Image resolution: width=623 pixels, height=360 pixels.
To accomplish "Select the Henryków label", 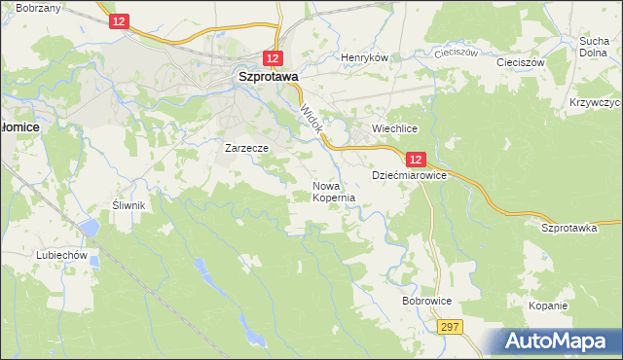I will point(364,57).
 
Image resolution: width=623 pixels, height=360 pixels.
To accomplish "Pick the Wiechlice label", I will point(394,128).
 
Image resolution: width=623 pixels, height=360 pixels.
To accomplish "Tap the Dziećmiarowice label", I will point(409,176).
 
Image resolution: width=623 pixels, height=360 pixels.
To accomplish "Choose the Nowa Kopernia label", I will point(333,191).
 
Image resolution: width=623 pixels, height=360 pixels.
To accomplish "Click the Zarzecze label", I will point(245,148).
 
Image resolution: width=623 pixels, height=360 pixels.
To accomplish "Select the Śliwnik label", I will point(128,205).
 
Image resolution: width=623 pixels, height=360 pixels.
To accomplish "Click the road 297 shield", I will point(449,328).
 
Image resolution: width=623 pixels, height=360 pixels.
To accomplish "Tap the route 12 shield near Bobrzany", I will point(118,21).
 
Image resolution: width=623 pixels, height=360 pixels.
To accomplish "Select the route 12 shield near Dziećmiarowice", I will point(416,159).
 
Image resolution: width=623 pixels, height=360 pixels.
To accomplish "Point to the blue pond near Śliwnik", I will point(90,228).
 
